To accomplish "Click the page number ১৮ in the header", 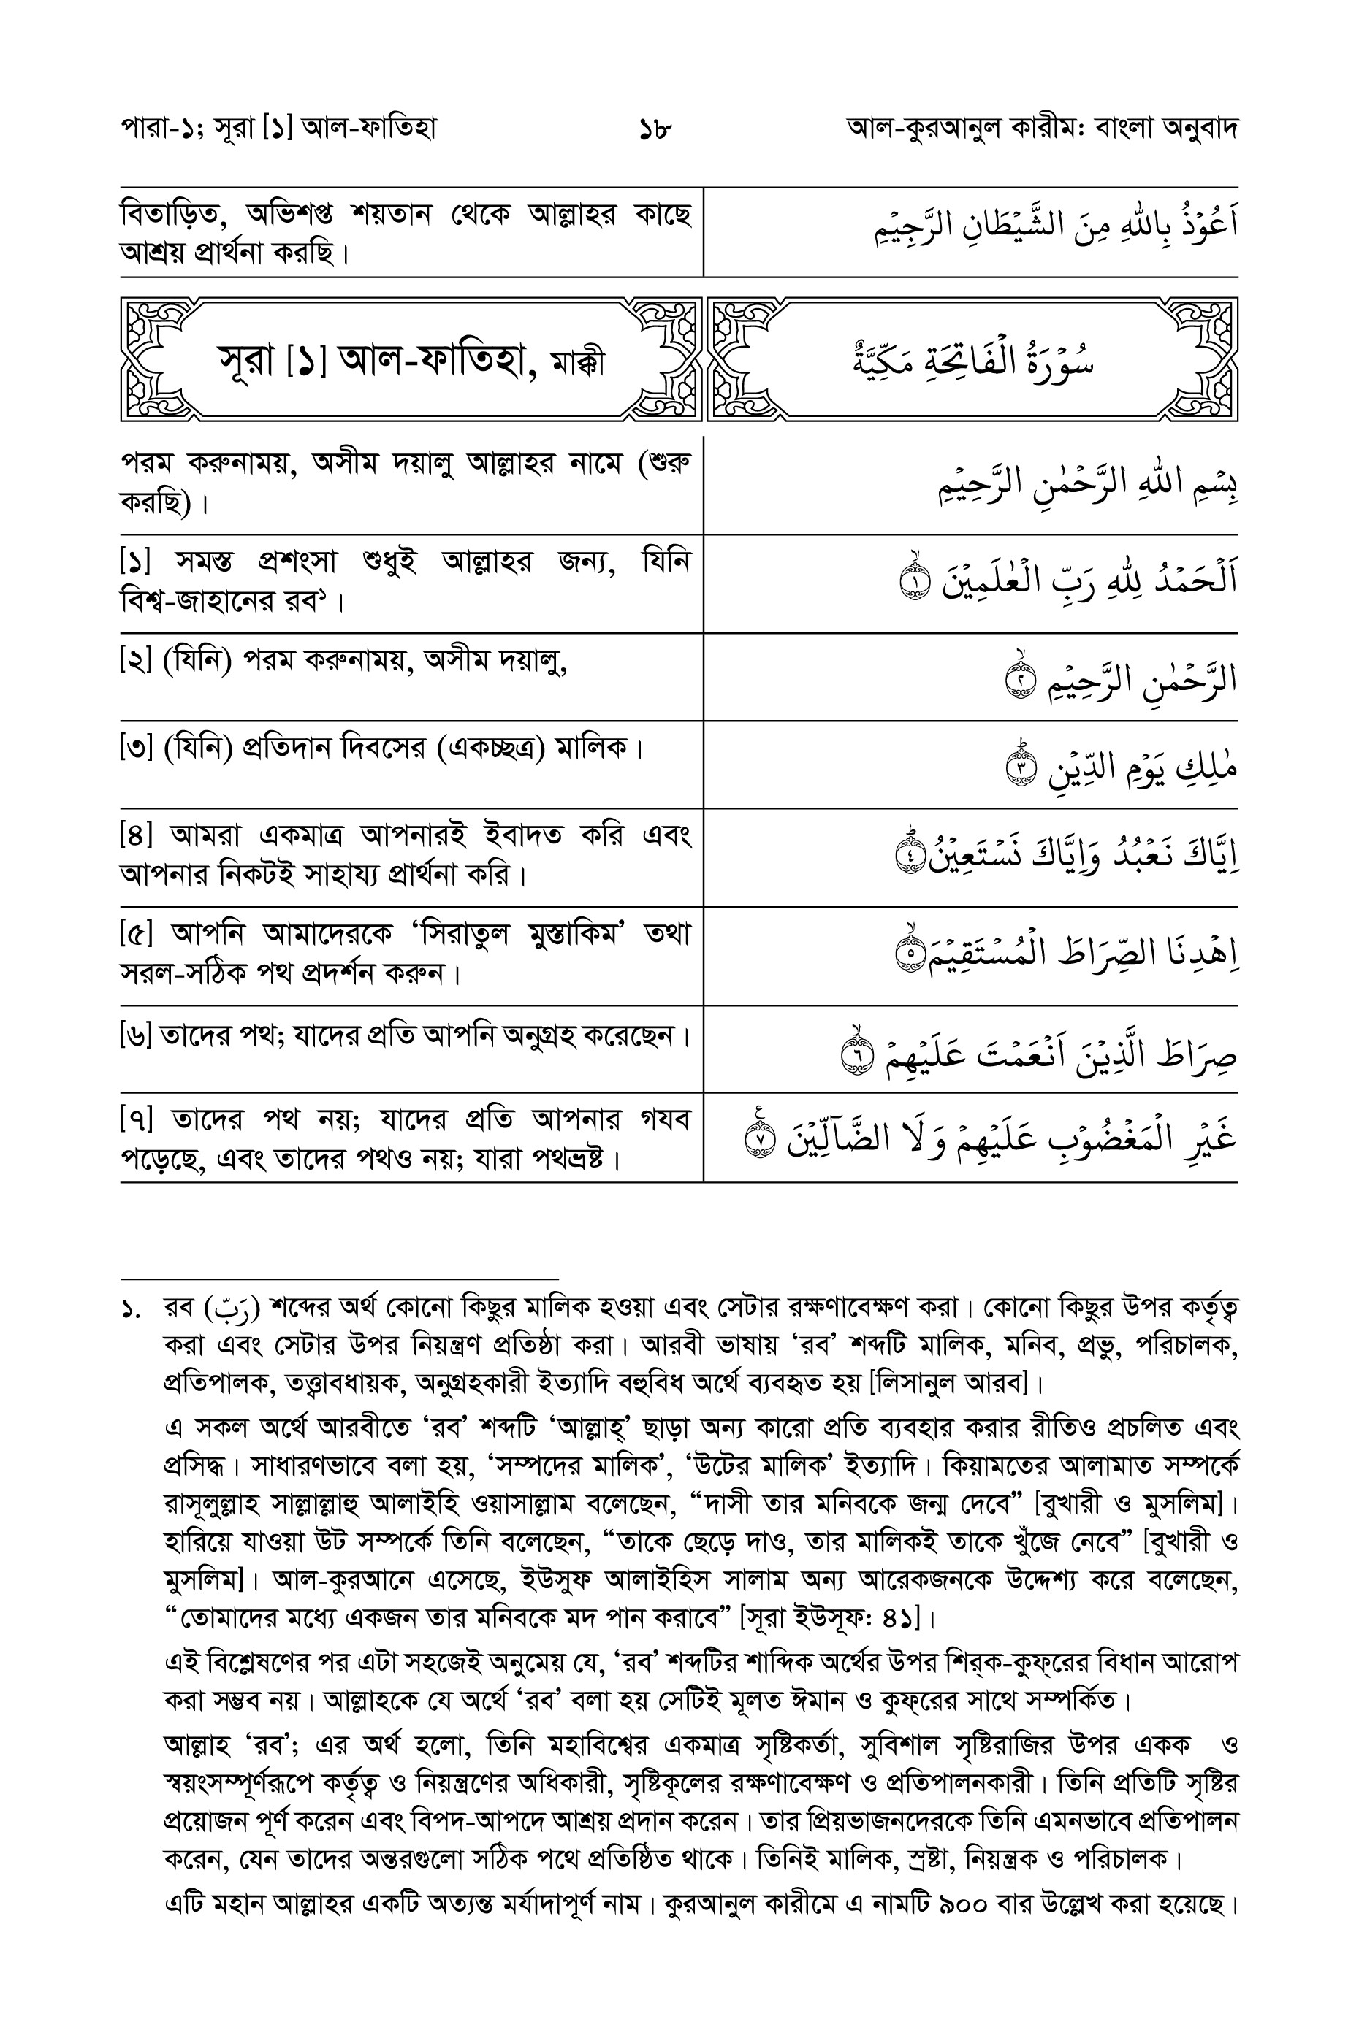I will pyautogui.click(x=655, y=131).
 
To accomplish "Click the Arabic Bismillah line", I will pyautogui.click(x=1088, y=485).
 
